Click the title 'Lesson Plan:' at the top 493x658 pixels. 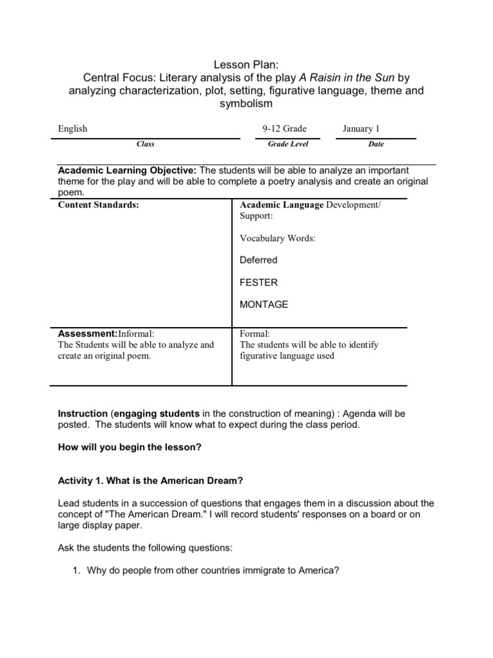[246, 64]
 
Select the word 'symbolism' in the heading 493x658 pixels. [246, 103]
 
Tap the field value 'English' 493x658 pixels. [73, 129]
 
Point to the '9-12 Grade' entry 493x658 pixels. [284, 129]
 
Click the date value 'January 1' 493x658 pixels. [361, 129]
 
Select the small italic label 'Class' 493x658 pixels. [146, 145]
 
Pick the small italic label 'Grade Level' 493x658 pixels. [288, 145]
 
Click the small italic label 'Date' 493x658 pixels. [376, 145]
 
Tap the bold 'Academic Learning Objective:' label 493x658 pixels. [127, 170]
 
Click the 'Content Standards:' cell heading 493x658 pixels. [98, 205]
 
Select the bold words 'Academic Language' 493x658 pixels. [281, 205]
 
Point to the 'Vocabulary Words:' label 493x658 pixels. [277, 238]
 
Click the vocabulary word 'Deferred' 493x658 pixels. [258, 260]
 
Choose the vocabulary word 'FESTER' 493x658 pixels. [259, 282]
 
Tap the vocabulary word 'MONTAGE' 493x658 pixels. [264, 305]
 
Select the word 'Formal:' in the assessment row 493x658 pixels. [255, 333]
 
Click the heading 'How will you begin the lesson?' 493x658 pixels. [130, 447]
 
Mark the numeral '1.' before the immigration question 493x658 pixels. [75, 569]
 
